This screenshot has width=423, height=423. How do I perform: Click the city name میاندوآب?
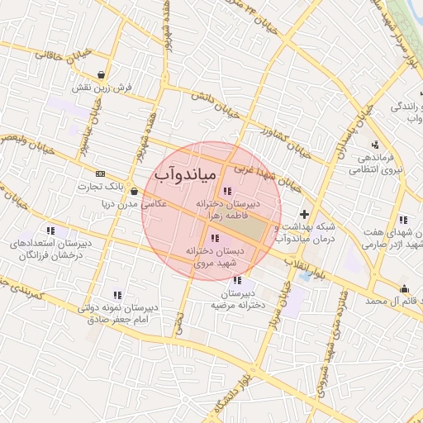pyautogui.click(x=184, y=175)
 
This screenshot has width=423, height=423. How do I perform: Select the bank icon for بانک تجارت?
pyautogui.click(x=101, y=173)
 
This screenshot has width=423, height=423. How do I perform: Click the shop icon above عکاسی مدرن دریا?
pyautogui.click(x=134, y=192)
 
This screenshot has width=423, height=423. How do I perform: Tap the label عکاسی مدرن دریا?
pyautogui.click(x=135, y=204)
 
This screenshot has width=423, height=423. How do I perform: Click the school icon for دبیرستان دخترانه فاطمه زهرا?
pyautogui.click(x=228, y=191)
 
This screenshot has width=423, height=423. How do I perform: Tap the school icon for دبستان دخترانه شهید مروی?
pyautogui.click(x=216, y=239)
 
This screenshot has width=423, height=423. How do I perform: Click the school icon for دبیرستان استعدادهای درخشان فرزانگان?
pyautogui.click(x=50, y=231)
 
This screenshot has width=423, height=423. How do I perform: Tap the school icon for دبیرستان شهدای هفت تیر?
pyautogui.click(x=402, y=220)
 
